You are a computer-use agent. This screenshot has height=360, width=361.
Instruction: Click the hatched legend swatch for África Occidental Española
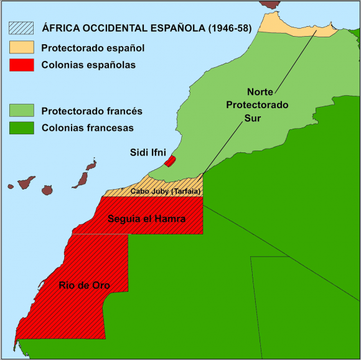21,27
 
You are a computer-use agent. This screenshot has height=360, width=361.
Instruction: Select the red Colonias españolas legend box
21,64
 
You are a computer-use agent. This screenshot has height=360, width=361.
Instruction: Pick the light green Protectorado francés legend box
21,111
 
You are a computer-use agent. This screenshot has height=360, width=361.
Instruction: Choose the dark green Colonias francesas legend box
21,128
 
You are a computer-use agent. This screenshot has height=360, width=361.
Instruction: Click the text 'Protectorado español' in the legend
92,47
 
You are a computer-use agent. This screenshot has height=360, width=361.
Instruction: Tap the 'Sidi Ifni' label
148,152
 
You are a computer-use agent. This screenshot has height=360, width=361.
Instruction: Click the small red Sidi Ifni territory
169,161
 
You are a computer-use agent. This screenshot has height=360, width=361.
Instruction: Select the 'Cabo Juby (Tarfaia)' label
165,192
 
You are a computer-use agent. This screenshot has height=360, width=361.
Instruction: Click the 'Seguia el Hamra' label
146,219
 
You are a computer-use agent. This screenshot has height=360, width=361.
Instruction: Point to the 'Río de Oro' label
84,285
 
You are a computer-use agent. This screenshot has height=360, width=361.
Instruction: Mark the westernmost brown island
10,185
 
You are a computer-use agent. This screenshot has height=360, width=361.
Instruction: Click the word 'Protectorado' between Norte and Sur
257,105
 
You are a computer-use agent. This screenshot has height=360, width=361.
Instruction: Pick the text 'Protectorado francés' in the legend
91,111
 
